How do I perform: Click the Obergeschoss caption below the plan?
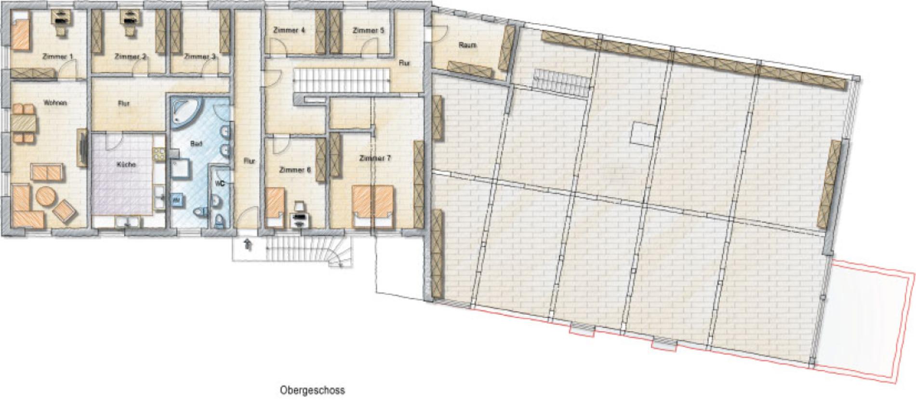point(312,390)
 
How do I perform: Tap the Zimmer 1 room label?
point(57,57)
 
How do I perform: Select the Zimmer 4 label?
point(289,30)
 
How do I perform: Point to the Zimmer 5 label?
point(369,30)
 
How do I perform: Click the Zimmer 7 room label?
point(375,158)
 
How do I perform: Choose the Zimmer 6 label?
point(295,170)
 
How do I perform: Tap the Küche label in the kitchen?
point(126,164)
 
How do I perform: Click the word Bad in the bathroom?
point(196,144)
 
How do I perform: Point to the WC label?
point(220,184)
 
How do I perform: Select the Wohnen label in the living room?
point(55,103)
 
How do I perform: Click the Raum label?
point(468,45)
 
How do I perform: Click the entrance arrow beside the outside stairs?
point(249,245)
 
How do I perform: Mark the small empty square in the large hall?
point(643,133)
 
